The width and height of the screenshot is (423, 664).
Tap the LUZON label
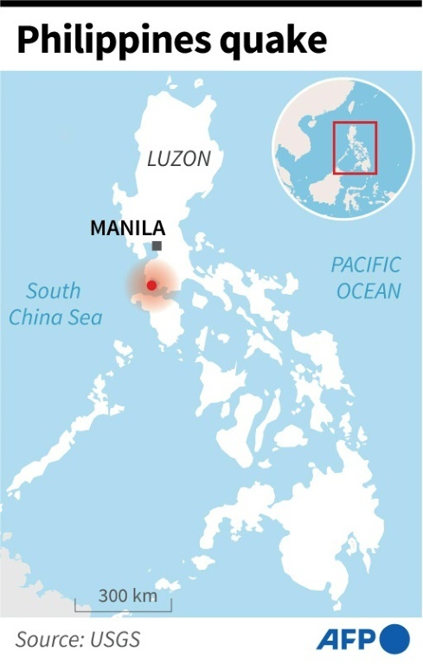tap(178, 159)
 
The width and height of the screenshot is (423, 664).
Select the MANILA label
tap(127, 229)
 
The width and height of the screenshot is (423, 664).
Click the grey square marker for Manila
tap(157, 246)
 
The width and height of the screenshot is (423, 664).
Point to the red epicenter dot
tap(151, 285)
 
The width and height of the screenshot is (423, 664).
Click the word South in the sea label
tap(53, 291)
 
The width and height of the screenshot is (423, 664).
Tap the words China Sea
tap(55, 317)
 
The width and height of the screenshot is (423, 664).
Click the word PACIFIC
tap(366, 265)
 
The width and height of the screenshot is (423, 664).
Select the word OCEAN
tap(369, 290)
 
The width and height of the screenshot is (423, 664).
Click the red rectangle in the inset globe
tap(355, 148)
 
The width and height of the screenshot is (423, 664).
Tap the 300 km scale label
tap(127, 596)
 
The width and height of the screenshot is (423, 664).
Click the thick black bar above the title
tap(211, 3)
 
